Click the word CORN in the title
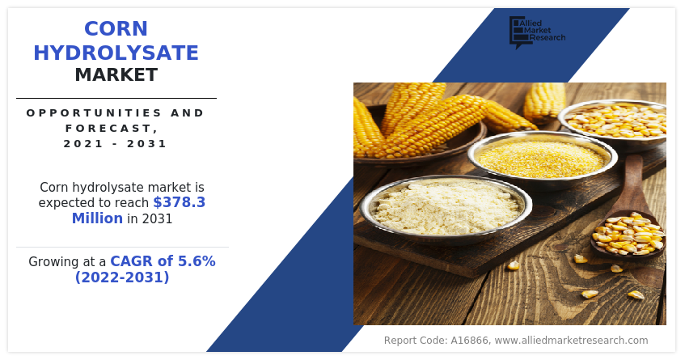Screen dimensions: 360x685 click(116, 29)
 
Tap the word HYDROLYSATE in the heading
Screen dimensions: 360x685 click(116, 53)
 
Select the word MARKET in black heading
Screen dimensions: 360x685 click(116, 75)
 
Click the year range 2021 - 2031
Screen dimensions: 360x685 click(116, 144)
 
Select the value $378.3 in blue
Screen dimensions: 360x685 click(179, 202)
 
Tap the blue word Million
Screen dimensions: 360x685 click(97, 218)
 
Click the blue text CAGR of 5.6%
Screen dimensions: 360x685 click(163, 261)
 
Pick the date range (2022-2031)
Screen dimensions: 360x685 click(122, 277)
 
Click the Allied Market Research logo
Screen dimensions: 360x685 click(536, 32)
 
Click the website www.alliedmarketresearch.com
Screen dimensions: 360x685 click(571, 341)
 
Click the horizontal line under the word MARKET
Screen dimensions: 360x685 click(116, 98)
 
